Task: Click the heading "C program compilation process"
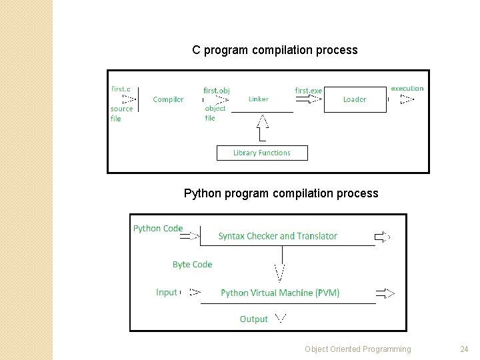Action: pyautogui.click(x=275, y=50)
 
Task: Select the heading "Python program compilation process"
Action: pyautogui.click(x=281, y=193)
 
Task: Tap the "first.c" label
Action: pyautogui.click(x=121, y=89)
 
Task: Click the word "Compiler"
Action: pyautogui.click(x=168, y=99)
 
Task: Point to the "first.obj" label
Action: pyautogui.click(x=216, y=90)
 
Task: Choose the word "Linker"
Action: pyautogui.click(x=259, y=99)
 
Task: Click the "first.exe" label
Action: pyautogui.click(x=308, y=90)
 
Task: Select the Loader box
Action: pyautogui.click(x=355, y=99)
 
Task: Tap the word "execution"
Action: pyautogui.click(x=407, y=88)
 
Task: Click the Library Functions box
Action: pyautogui.click(x=262, y=153)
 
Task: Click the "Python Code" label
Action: pyautogui.click(x=158, y=228)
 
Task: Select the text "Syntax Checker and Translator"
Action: pyautogui.click(x=277, y=236)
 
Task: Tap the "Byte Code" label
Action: pyautogui.click(x=192, y=265)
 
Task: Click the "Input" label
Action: pyautogui.click(x=167, y=292)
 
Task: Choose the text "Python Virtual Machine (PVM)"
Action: pyautogui.click(x=280, y=293)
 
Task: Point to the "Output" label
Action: pyautogui.click(x=253, y=319)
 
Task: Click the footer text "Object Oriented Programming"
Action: pyautogui.click(x=358, y=349)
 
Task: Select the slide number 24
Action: pyautogui.click(x=464, y=349)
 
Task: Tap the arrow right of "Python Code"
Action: pyautogui.click(x=192, y=235)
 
